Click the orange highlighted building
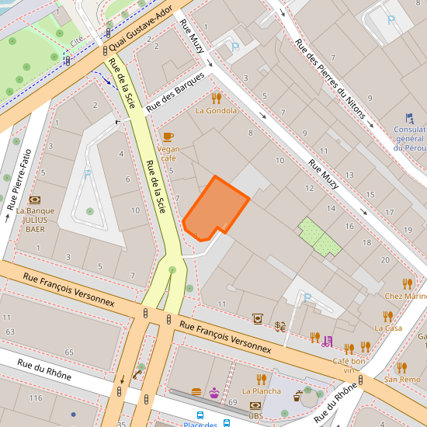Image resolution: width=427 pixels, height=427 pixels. point(216,208)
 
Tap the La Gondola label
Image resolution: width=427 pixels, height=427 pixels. point(217,110)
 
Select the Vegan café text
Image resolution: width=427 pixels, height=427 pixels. point(168,153)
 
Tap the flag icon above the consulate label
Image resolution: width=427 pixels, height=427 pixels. point(409,119)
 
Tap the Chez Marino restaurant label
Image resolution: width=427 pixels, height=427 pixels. point(405,296)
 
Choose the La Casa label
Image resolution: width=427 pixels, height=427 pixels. point(387,328)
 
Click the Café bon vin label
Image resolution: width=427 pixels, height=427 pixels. point(349,366)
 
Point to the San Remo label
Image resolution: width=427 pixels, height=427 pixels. point(402,380)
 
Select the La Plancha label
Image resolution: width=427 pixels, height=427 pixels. point(262,391)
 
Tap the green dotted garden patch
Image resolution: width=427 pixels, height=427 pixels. point(320,237)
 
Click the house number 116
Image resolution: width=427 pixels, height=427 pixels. point(36,397)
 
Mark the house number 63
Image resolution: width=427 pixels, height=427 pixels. point(10,332)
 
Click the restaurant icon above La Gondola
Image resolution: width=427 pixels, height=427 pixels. point(217,98)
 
